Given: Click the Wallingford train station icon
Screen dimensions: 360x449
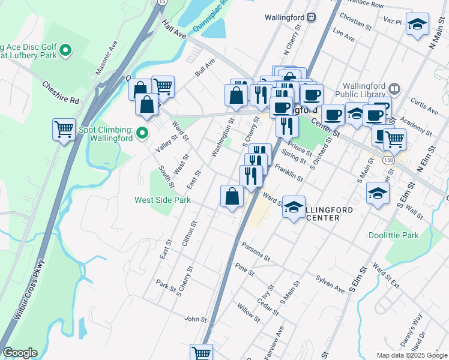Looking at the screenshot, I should pyautogui.click(x=311, y=17).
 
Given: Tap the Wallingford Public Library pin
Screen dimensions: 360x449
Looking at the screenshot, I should pyautogui.click(x=394, y=86).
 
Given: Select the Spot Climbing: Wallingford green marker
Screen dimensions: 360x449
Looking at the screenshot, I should pyautogui.click(x=142, y=132).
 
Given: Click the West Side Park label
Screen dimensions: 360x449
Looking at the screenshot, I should pyautogui.click(x=162, y=200).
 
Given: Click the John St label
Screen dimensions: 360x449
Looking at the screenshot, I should pyautogui.click(x=196, y=319).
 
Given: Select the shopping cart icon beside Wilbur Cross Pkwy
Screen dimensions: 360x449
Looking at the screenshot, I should pyautogui.click(x=64, y=130).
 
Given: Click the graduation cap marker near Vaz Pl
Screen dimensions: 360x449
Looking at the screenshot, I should pyautogui.click(x=417, y=25).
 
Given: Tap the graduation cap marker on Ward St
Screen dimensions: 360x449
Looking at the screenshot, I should pyautogui.click(x=294, y=208).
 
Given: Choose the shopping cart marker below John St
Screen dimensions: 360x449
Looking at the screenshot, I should pyautogui.click(x=201, y=353).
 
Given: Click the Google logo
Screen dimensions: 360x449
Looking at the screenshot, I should pyautogui.click(x=20, y=353).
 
